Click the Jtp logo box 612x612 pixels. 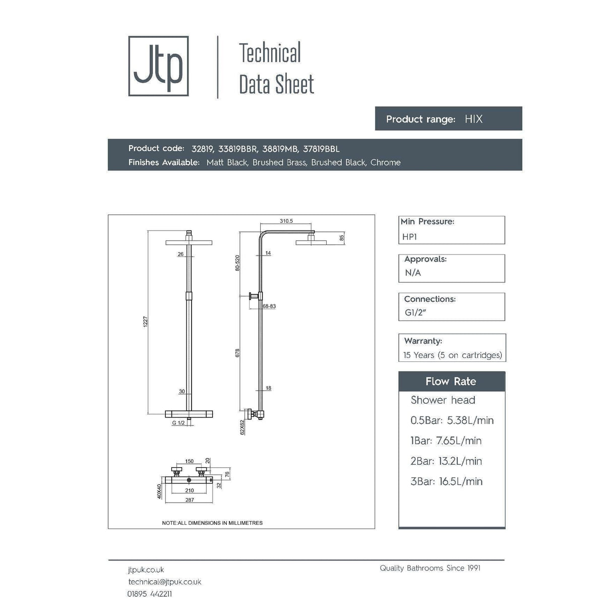click(158, 66)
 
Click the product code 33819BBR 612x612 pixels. click(238, 149)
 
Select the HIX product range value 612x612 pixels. click(473, 119)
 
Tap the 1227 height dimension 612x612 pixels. click(146, 322)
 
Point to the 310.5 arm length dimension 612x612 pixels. click(286, 221)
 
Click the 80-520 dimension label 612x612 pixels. click(237, 263)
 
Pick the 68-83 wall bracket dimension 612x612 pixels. click(269, 306)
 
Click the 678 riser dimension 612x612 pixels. click(237, 353)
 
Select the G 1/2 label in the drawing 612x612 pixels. click(178, 423)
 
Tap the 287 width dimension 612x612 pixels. click(189, 500)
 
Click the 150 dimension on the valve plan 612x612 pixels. click(189, 461)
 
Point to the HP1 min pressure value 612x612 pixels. click(409, 237)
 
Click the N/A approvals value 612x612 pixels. click(413, 273)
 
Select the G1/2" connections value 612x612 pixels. click(415, 313)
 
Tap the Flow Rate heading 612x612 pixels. click(451, 382)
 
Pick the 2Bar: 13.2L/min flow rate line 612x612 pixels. click(446, 461)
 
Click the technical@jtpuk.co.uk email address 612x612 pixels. click(165, 582)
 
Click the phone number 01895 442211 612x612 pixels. click(150, 594)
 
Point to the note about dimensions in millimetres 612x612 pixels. click(212, 523)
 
